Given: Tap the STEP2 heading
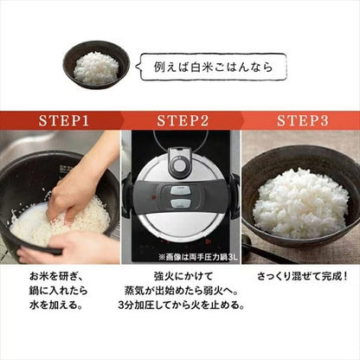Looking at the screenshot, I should (x=179, y=118).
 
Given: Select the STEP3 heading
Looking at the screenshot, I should (x=299, y=118).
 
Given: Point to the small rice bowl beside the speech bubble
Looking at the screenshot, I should (x=97, y=66).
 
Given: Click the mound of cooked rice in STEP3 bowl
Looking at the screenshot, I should (x=299, y=201).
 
